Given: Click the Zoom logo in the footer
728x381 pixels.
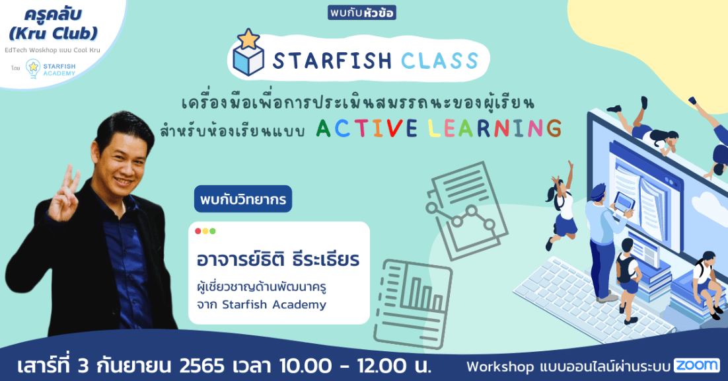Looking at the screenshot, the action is click(x=697, y=366).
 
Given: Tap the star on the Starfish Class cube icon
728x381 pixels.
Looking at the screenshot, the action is click(x=248, y=38).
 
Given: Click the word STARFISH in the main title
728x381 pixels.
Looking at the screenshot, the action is click(x=332, y=61).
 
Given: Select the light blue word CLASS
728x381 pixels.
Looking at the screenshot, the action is click(x=439, y=61).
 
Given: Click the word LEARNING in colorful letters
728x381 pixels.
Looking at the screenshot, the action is click(x=495, y=129).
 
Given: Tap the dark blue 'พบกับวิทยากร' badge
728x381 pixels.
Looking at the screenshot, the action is click(x=243, y=199).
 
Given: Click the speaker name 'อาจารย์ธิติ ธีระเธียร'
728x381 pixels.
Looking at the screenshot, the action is click(x=277, y=259).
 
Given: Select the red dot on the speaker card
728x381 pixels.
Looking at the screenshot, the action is click(x=198, y=231).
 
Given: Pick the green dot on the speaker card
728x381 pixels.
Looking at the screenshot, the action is click(x=213, y=231).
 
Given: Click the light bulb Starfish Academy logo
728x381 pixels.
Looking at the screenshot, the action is click(x=33, y=69).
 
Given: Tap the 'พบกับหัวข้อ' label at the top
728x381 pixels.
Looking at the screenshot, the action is click(x=361, y=13).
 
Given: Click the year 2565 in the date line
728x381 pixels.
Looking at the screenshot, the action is click(x=201, y=366).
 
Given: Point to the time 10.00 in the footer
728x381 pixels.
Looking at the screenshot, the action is click(x=305, y=366).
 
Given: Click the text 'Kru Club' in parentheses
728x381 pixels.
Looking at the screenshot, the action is click(x=54, y=33).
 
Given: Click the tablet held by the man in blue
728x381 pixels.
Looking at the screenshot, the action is click(x=622, y=201).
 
